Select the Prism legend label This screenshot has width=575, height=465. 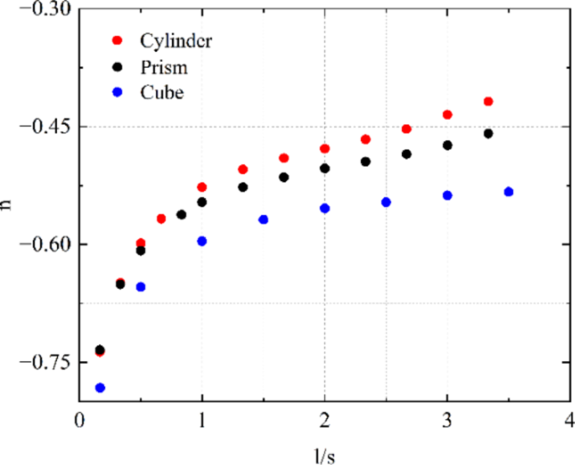point(164,66)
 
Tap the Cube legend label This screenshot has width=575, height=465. point(161,92)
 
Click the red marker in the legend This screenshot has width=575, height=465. point(117,40)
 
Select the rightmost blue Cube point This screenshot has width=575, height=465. point(509,192)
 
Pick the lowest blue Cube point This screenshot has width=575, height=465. point(100,388)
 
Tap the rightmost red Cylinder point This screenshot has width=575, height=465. point(489,101)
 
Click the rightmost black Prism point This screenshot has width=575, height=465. point(489,133)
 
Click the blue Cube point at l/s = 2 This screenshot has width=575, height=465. point(325,208)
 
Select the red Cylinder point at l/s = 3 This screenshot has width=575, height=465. point(447,115)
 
